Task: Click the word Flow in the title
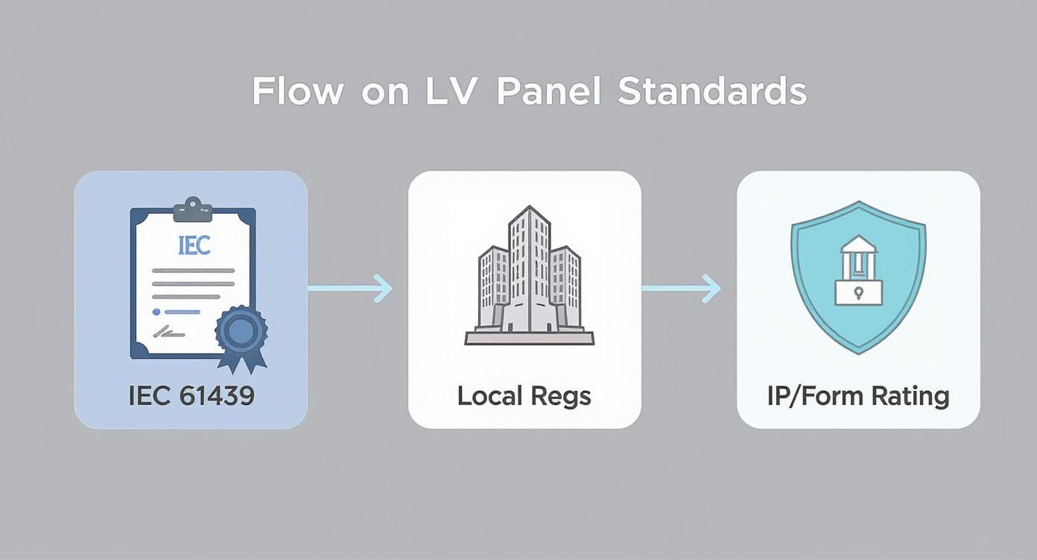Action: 297,92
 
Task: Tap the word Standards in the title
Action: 711,92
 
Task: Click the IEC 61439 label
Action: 191,395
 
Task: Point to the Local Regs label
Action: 524,395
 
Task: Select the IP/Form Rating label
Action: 858,395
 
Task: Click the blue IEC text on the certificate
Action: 194,246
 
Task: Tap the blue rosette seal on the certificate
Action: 241,334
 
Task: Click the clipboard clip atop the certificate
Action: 193,210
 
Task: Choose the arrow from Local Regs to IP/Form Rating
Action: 680,288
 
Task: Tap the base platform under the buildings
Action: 529,338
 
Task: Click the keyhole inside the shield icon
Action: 857,292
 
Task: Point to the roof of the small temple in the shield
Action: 857,244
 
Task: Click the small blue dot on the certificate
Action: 156,312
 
